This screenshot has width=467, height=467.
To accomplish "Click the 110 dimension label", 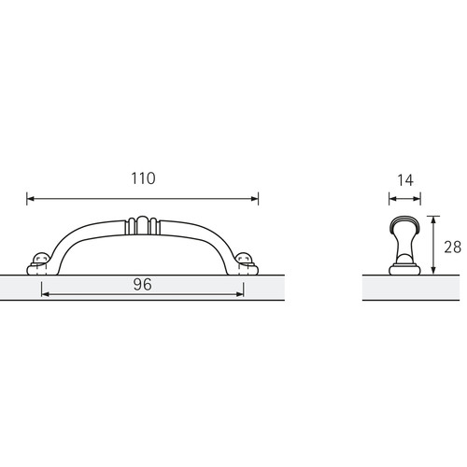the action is pos(143,178).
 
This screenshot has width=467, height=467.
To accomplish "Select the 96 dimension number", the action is pos(143,285).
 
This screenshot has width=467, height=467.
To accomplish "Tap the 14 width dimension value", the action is pos(405,180).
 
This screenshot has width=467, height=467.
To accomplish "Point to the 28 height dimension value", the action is pos(453,248).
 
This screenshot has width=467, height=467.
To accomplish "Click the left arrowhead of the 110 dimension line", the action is pos(31,199).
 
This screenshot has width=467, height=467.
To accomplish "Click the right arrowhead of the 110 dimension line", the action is pos(255,199).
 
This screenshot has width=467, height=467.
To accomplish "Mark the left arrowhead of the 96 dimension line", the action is pos(45,294).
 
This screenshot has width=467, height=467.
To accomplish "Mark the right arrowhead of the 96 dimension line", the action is pos(240,294).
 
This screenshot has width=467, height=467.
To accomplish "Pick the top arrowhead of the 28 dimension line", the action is pos(433,219).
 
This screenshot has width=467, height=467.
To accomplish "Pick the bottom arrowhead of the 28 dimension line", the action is pos(433,271).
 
